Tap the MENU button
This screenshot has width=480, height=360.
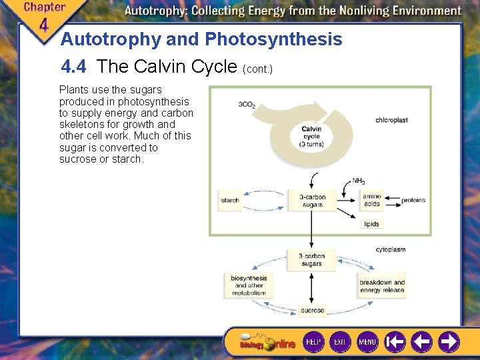tap(367, 342)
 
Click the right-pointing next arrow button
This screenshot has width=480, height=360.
tap(449, 342)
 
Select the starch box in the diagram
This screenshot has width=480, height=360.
tap(230, 200)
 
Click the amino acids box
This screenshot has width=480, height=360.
tap(372, 200)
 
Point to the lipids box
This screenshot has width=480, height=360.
tap(372, 224)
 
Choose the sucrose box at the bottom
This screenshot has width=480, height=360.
tap(312, 310)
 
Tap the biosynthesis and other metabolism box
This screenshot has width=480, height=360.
tap(249, 285)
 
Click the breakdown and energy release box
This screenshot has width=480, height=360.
tap(382, 286)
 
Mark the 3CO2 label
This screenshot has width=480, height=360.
tap(247, 105)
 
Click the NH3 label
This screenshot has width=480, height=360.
tap(359, 181)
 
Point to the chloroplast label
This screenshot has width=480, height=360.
tap(392, 121)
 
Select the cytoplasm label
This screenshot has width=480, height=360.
tap(391, 249)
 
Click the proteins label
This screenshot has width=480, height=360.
tap(413, 200)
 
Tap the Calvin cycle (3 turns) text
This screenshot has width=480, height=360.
tap(311, 137)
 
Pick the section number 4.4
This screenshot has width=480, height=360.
tap(75, 67)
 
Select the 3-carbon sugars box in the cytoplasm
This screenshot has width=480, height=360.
tap(312, 259)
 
